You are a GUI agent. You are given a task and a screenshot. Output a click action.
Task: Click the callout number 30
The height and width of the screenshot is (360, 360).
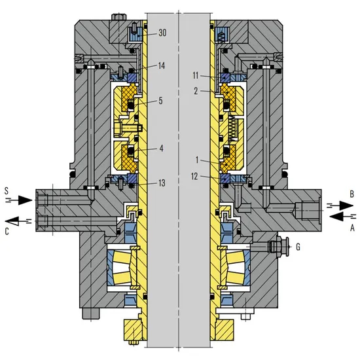click(x=162, y=33)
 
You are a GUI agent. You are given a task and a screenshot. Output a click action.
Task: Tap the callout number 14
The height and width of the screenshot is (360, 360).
click(x=162, y=66)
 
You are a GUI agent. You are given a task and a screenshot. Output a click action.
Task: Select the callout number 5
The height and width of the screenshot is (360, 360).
click(x=160, y=101)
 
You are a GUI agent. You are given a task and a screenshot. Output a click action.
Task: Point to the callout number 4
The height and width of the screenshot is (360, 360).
click(x=161, y=149)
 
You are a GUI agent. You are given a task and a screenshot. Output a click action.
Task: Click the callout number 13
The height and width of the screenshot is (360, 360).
click(x=162, y=183)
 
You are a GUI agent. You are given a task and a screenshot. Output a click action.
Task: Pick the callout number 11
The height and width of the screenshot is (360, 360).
click(x=196, y=75)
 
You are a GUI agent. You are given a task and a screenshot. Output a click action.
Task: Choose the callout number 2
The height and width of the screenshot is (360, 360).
click(x=196, y=91)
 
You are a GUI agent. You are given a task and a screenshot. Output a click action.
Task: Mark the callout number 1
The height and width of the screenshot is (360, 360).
click(x=197, y=160)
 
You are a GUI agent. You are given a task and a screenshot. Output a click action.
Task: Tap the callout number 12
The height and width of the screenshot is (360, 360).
click(x=194, y=176)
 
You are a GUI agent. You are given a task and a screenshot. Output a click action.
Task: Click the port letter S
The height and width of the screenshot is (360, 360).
click(x=7, y=190)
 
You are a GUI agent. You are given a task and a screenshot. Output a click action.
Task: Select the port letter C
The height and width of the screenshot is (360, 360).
click(x=7, y=231)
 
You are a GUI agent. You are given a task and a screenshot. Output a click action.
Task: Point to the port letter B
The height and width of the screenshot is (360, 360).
click(x=351, y=194)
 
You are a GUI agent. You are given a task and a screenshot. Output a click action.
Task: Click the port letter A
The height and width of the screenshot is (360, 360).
click(x=352, y=228)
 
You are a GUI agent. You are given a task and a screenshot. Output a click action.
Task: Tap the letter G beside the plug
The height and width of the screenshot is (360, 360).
click(x=298, y=247)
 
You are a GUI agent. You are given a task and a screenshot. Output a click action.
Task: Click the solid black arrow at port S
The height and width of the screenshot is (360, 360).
click(x=19, y=200)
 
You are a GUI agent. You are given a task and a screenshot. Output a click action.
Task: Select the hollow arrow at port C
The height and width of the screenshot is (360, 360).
click(x=18, y=221)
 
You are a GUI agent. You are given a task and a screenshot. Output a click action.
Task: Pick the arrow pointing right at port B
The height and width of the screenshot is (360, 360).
click(x=340, y=206)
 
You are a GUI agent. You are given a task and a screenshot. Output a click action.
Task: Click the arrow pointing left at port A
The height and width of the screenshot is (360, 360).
click(x=343, y=216)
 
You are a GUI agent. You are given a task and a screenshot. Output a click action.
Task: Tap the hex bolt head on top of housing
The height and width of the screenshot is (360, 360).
click(x=118, y=17)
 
